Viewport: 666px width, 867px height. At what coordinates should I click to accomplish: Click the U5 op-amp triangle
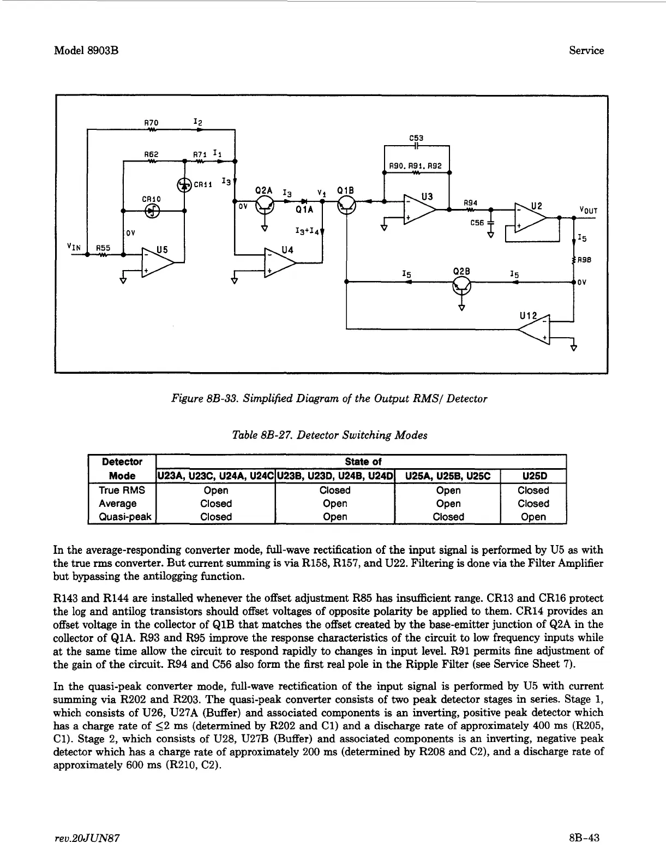[156, 262]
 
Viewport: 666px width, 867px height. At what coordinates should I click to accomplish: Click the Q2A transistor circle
[265, 204]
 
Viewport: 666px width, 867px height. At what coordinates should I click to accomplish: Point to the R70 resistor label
[151, 123]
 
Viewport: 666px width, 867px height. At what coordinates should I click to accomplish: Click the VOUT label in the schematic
[589, 211]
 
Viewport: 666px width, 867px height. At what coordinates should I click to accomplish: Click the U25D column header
[533, 476]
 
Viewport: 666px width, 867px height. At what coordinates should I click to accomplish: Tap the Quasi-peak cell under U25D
[533, 517]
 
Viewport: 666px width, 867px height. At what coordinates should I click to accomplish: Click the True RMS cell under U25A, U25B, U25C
[448, 490]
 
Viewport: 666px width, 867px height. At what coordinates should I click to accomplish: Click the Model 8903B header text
[87, 51]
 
